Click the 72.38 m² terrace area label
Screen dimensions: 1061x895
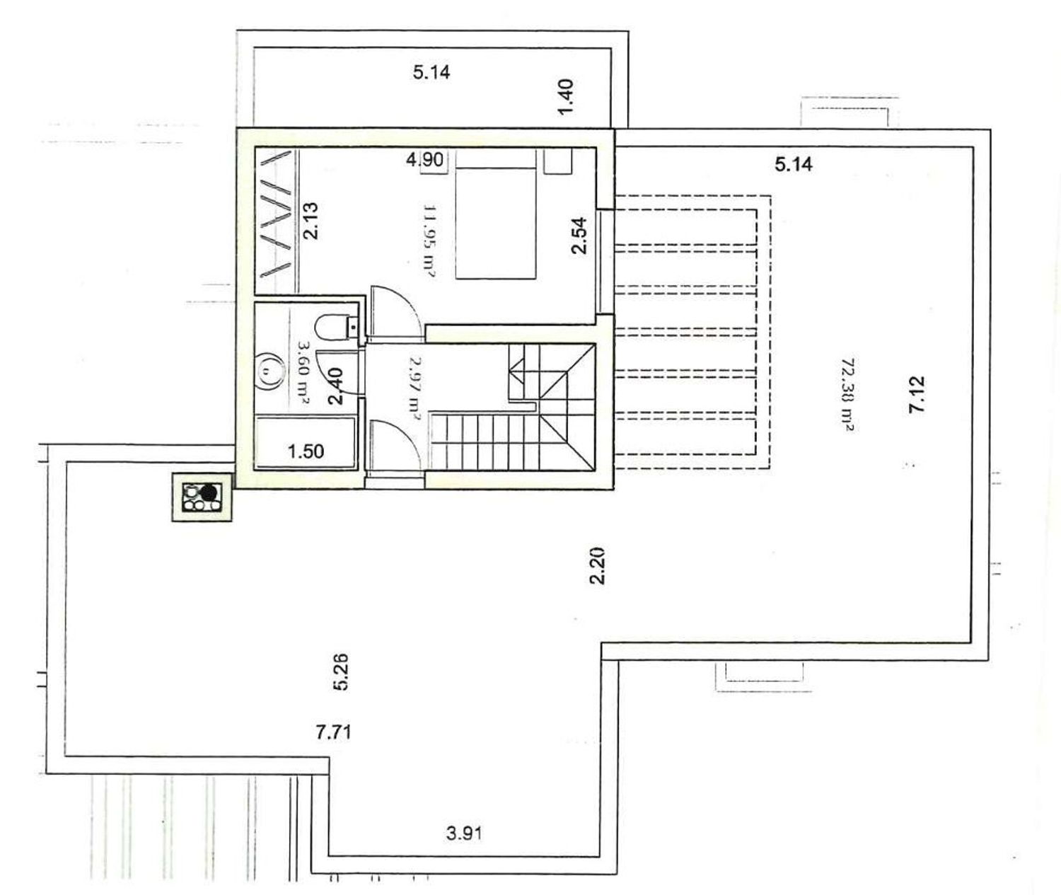pos(847,395)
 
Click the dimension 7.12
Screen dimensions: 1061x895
pos(917,395)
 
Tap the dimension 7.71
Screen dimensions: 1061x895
pos(333,732)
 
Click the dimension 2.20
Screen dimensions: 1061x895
pos(598,566)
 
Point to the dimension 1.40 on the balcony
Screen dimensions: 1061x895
pos(565,97)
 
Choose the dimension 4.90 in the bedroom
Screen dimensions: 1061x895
pos(425,160)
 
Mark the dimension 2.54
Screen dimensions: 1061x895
pos(579,236)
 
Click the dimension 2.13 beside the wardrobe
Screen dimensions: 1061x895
pos(310,221)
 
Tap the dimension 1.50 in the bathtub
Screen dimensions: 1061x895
pos(306,451)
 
